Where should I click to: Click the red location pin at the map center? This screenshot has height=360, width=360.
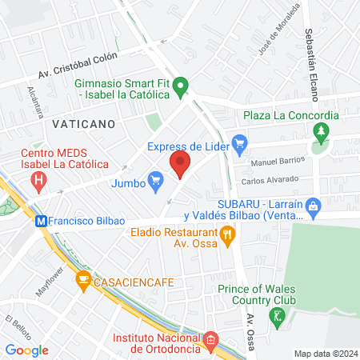[180, 166]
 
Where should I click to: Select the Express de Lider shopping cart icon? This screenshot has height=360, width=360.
[238, 144]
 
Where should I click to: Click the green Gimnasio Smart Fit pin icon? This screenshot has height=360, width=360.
[182, 85]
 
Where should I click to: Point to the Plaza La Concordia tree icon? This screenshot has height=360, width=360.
[321, 131]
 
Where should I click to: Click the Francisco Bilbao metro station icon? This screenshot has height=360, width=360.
[41, 220]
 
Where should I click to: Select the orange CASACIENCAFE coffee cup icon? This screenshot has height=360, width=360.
[82, 280]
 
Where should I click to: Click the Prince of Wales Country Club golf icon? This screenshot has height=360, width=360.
[278, 317]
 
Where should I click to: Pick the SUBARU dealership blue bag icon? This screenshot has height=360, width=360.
[314, 206]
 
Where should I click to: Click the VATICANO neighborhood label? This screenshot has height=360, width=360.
[83, 124]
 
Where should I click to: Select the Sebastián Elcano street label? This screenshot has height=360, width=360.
[310, 64]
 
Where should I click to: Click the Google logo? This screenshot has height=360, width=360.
[26, 350]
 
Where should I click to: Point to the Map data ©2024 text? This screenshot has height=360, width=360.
[324, 354]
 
